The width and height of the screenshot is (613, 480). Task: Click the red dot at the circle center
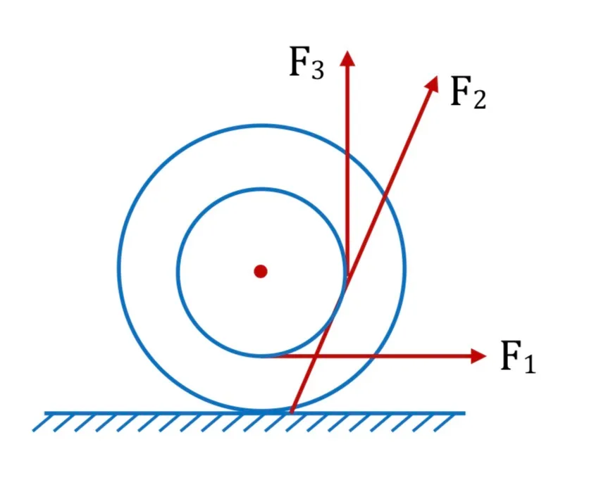(x=261, y=271)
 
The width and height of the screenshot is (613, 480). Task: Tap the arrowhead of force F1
(x=478, y=356)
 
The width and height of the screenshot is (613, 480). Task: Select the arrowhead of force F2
(x=433, y=83)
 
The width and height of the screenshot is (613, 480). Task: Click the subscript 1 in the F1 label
(x=529, y=363)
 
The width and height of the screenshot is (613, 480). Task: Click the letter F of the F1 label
(x=512, y=355)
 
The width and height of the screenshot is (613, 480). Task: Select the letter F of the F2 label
(x=461, y=91)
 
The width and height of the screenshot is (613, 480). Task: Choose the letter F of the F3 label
(x=299, y=61)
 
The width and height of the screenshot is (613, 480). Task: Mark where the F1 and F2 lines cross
(x=316, y=356)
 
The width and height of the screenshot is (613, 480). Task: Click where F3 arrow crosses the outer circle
(x=347, y=151)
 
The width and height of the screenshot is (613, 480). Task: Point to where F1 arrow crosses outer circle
(x=373, y=356)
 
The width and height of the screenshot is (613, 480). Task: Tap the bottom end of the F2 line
(x=291, y=412)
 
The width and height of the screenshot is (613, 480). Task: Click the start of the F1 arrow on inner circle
(x=263, y=356)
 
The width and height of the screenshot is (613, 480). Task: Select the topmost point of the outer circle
(x=261, y=126)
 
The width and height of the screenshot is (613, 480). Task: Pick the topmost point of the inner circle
(x=261, y=189)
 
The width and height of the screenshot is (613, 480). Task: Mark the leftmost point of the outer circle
(x=118, y=268)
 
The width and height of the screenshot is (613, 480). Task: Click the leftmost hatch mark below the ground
(x=42, y=423)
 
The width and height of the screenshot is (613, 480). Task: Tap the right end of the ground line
(x=465, y=413)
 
